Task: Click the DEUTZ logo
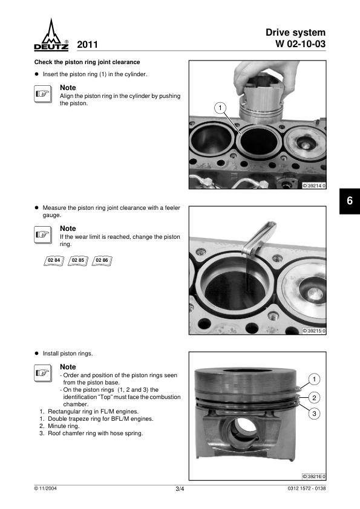click(x=51, y=35)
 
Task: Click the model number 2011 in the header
click(x=87, y=45)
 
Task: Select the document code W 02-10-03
click(x=300, y=44)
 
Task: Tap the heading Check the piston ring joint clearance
click(x=87, y=62)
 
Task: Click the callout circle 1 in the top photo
click(x=220, y=108)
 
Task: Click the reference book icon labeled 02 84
click(x=54, y=261)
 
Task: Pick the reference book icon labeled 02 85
click(x=78, y=261)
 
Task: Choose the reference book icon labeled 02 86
click(x=102, y=261)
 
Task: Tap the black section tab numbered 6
click(x=350, y=201)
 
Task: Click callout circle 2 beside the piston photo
click(x=314, y=398)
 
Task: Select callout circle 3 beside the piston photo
click(x=314, y=413)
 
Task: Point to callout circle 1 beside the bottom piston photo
click(x=314, y=379)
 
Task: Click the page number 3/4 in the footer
click(x=180, y=489)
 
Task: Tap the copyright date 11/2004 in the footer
click(x=45, y=488)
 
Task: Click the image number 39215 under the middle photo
click(x=314, y=331)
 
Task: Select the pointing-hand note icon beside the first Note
click(x=43, y=94)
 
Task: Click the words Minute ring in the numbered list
click(x=64, y=426)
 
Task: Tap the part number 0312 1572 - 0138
click(x=306, y=488)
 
